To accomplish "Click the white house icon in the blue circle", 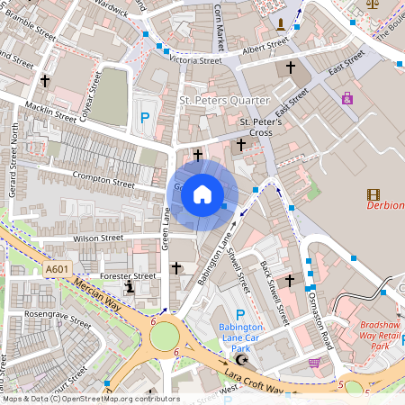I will pyautogui.click(x=202, y=193).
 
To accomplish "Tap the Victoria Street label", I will pyautogui.click(x=195, y=60).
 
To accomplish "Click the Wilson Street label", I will pyautogui.click(x=98, y=238).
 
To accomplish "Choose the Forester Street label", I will pyautogui.click(x=129, y=276).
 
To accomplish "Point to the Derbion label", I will pyautogui.click(x=385, y=205).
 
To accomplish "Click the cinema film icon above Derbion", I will pyautogui.click(x=373, y=193).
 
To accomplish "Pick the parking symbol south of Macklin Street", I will pyautogui.click(x=144, y=117).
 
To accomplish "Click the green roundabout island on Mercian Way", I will pyautogui.click(x=165, y=336).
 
